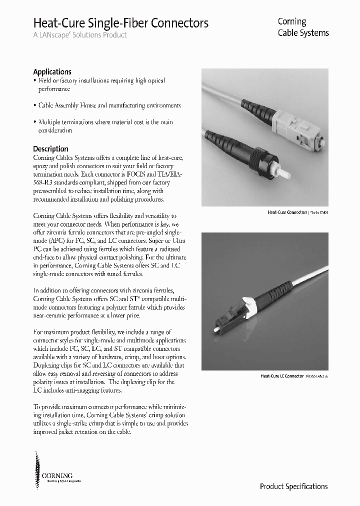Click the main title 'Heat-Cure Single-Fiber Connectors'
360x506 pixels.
120,23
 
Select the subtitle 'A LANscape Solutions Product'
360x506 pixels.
79,35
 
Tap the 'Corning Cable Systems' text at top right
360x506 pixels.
303,27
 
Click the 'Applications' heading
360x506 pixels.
52,71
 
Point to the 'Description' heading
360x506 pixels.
50,148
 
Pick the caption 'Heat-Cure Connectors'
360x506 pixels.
287,212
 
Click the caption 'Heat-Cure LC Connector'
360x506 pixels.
282,375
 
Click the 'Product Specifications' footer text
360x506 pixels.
293,486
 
